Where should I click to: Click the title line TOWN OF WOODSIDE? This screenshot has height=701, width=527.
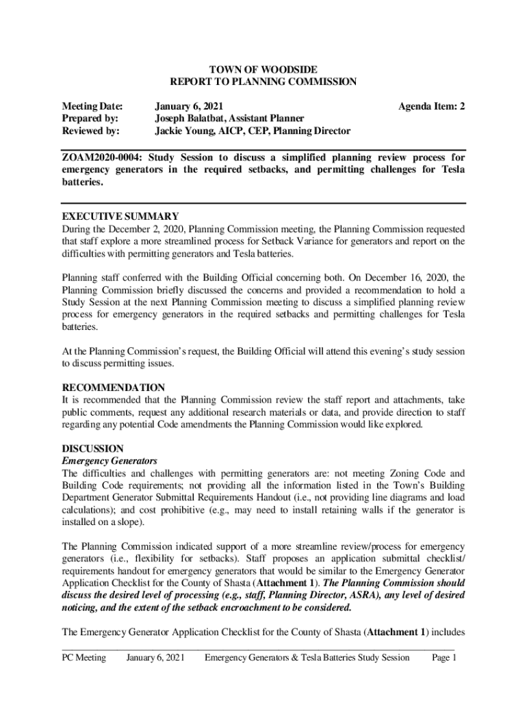[263, 69]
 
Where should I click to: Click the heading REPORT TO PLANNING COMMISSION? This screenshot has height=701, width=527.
[263, 81]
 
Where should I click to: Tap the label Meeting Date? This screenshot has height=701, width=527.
[92, 106]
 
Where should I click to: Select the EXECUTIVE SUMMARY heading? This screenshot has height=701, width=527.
[120, 216]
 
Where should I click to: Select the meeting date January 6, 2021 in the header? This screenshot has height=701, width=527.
[188, 106]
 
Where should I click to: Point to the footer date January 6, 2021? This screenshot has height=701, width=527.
[156, 658]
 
